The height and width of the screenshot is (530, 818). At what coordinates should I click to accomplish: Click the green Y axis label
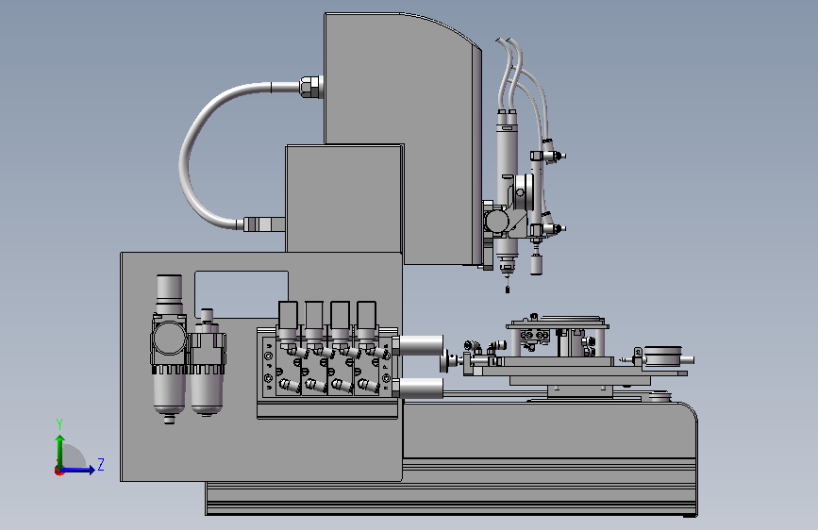tap(59, 424)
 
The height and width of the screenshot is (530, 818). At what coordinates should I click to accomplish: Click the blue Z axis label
tap(101, 464)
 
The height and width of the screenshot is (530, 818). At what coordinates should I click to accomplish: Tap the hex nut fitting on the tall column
tap(311, 87)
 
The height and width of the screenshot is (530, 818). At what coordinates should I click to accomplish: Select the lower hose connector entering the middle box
tap(264, 224)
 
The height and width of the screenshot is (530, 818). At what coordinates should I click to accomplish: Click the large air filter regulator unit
tap(169, 347)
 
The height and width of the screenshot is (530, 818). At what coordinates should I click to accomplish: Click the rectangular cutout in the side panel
tap(241, 293)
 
